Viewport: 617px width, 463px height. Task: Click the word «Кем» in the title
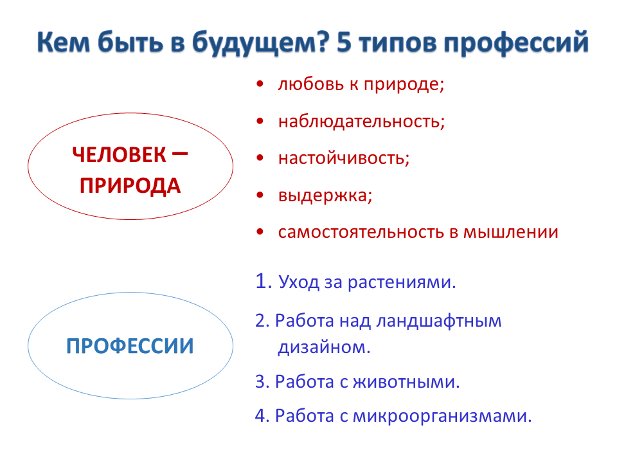coord(64,42)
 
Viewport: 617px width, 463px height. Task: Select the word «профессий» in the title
coord(516,42)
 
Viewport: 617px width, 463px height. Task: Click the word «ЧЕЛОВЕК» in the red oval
coord(120,155)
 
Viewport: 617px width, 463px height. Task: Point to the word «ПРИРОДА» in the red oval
coord(130,186)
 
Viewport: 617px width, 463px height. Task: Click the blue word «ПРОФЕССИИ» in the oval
coord(130,346)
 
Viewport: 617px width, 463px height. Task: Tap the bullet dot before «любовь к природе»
coord(260,84)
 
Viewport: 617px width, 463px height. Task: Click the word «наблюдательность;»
coord(361,122)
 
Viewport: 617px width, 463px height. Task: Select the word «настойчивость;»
coord(344,158)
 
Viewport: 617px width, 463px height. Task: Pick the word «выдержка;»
coord(325,195)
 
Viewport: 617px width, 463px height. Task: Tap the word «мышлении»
coord(510,232)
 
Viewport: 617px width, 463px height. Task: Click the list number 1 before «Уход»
coord(262,281)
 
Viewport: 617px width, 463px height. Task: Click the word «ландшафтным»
coord(439,322)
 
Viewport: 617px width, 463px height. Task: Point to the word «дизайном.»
coord(324,347)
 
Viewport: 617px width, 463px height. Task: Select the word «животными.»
coord(406,382)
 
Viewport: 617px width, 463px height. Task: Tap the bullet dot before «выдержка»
coord(260,195)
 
